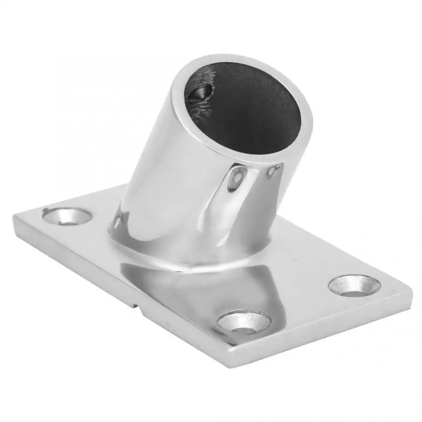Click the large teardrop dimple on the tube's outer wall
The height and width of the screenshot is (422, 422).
pyautogui.click(x=236, y=181)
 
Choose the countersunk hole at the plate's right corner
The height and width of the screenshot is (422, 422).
pyautogui.click(x=354, y=286)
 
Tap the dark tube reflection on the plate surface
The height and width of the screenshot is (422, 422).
pyautogui.click(x=197, y=291)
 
